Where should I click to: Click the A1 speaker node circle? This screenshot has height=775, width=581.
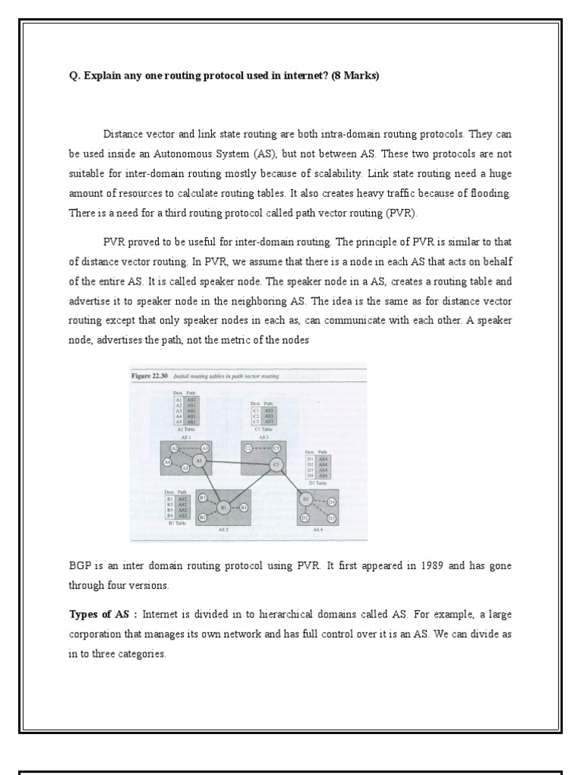click(199, 460)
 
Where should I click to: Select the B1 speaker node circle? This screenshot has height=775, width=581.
click(224, 508)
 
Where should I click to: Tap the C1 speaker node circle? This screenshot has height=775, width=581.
click(276, 464)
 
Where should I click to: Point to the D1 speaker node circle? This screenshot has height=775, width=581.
click(306, 500)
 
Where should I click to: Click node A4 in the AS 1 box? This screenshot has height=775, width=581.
click(167, 462)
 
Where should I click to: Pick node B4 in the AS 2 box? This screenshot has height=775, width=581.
click(244, 508)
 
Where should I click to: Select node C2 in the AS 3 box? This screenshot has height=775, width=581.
click(247, 449)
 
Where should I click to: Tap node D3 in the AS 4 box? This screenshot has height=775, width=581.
click(331, 518)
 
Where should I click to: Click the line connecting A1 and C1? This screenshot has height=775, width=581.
click(237, 462)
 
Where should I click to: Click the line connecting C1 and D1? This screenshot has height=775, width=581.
click(291, 482)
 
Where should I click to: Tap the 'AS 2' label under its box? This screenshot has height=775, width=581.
click(224, 531)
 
